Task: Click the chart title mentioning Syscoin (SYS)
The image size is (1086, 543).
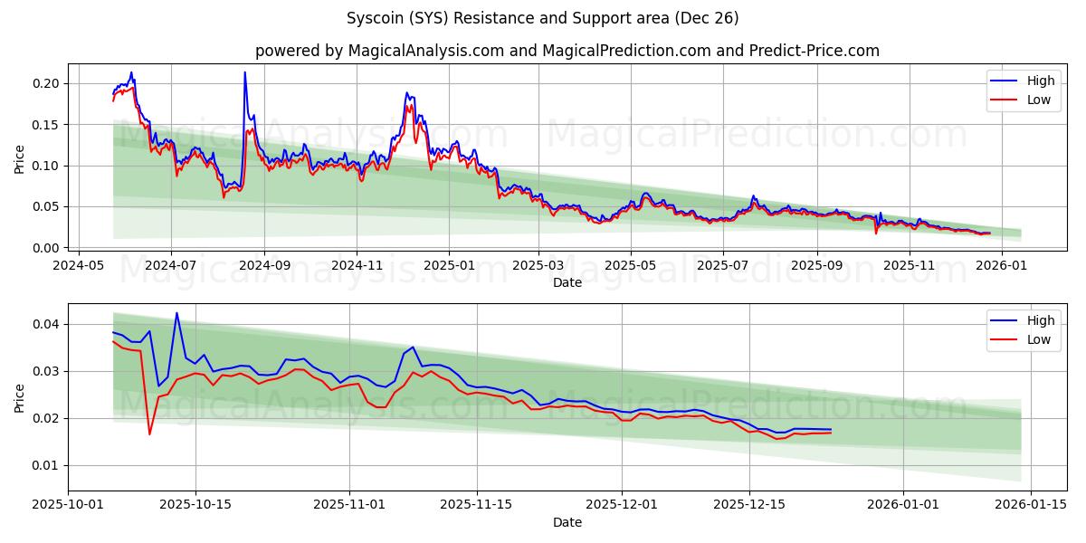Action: [542, 18]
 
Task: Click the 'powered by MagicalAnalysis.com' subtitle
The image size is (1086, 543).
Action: [567, 51]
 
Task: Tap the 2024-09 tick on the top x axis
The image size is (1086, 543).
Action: [264, 266]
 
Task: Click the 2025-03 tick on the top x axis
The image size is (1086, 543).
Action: [538, 266]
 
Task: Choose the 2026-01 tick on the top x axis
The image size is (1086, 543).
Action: [1003, 266]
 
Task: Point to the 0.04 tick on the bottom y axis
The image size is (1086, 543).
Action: [47, 324]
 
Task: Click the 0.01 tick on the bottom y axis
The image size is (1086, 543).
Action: [47, 465]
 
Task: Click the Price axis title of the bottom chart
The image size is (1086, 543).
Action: [20, 397]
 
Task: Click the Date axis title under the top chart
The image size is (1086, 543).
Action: [567, 282]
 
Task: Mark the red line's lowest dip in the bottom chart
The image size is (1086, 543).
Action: [149, 434]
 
